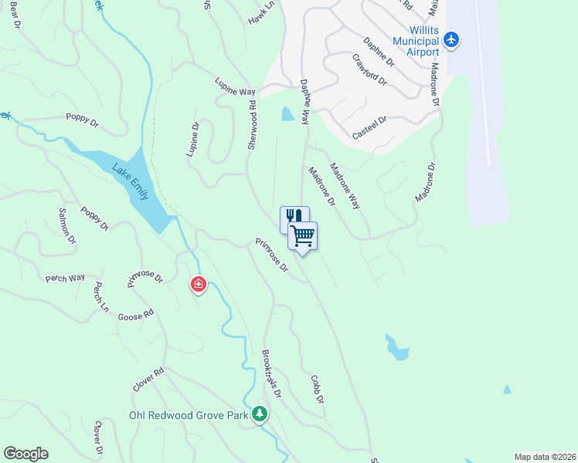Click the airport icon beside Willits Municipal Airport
point(452,40)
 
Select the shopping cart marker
point(303,235)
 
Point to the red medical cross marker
point(199,285)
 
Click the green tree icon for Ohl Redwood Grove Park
point(260,415)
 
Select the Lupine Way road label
point(235,86)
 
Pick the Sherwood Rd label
point(252,128)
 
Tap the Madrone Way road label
point(345,185)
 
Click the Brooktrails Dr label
point(270,376)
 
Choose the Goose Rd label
point(136,315)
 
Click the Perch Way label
point(65,278)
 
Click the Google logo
point(25,454)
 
